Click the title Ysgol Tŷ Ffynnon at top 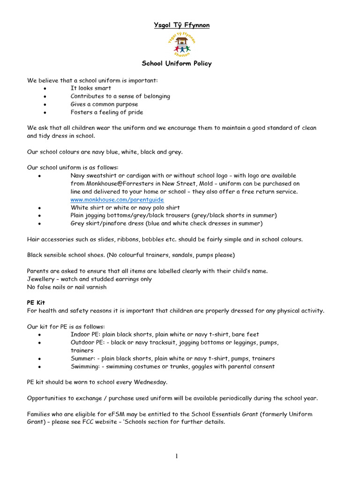(x=182, y=25)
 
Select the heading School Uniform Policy (x=177, y=64)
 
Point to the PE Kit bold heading (x=36, y=303)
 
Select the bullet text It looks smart (x=91, y=88)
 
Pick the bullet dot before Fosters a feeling (x=44, y=112)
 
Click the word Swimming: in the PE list (x=85, y=367)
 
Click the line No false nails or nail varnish (x=67, y=287)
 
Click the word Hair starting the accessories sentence (x=33, y=240)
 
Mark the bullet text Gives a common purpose (x=104, y=104)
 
